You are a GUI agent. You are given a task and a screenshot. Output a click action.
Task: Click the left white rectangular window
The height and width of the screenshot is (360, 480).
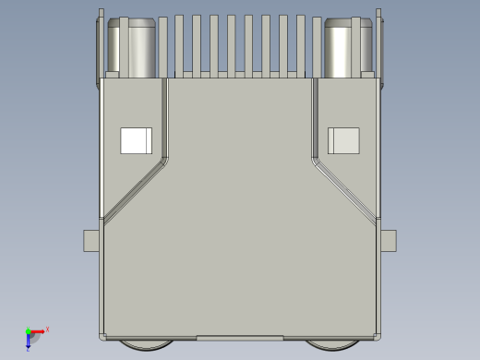[136, 140]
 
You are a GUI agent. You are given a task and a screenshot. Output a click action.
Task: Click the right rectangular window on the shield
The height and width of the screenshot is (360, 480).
[344, 140]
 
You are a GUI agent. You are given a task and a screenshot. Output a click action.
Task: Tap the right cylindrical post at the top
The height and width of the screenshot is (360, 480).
[347, 48]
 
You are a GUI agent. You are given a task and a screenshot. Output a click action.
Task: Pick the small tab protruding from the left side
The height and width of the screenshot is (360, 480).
[91, 241]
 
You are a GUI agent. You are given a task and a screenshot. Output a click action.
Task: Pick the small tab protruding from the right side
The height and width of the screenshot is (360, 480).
[390, 241]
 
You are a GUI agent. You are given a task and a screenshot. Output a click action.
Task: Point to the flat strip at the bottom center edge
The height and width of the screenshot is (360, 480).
[240, 337]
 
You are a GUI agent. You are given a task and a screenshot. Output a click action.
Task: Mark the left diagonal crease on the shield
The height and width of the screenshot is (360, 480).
[135, 189]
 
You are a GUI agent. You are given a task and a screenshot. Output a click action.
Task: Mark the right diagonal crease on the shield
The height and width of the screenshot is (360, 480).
[346, 189]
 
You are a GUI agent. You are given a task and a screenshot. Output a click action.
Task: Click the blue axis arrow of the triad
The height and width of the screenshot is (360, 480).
[28, 342]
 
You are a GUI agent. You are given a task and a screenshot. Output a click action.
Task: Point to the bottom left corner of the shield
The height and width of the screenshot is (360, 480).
[102, 336]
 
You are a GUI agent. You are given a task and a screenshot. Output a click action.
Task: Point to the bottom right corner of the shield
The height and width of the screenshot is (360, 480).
[378, 336]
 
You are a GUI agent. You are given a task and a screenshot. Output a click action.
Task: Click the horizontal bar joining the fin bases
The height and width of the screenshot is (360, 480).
[240, 74]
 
